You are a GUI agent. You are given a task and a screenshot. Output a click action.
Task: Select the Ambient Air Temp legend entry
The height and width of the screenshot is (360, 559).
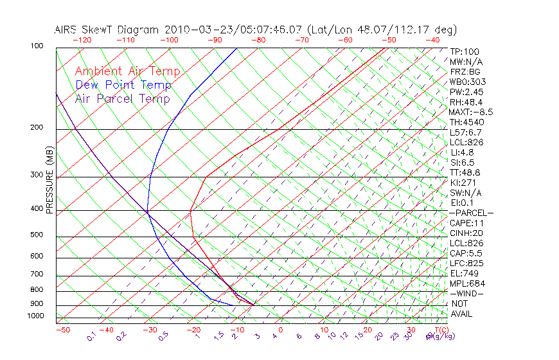point(127,71)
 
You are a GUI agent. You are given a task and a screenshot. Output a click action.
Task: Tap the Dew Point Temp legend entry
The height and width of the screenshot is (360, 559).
point(123,85)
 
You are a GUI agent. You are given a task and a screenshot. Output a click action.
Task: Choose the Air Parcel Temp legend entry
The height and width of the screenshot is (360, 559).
point(123,98)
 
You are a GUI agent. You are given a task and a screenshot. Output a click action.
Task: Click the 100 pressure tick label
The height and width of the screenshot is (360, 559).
point(37,46)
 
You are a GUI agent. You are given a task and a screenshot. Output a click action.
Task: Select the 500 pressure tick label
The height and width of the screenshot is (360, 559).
point(37,235)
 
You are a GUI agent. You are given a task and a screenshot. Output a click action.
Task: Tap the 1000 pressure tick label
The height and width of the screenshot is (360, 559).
point(35,316)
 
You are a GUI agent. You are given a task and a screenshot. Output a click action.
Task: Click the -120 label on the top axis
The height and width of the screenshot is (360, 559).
point(82,40)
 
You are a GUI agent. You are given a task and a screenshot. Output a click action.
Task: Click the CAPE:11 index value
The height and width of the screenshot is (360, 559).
point(466,223)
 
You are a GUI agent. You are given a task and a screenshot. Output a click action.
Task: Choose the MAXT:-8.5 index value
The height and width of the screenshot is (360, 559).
point(471,112)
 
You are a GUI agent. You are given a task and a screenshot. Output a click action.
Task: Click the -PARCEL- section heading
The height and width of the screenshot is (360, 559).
point(471,213)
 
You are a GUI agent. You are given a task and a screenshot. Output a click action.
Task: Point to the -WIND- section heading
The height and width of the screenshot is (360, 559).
point(466,293)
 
